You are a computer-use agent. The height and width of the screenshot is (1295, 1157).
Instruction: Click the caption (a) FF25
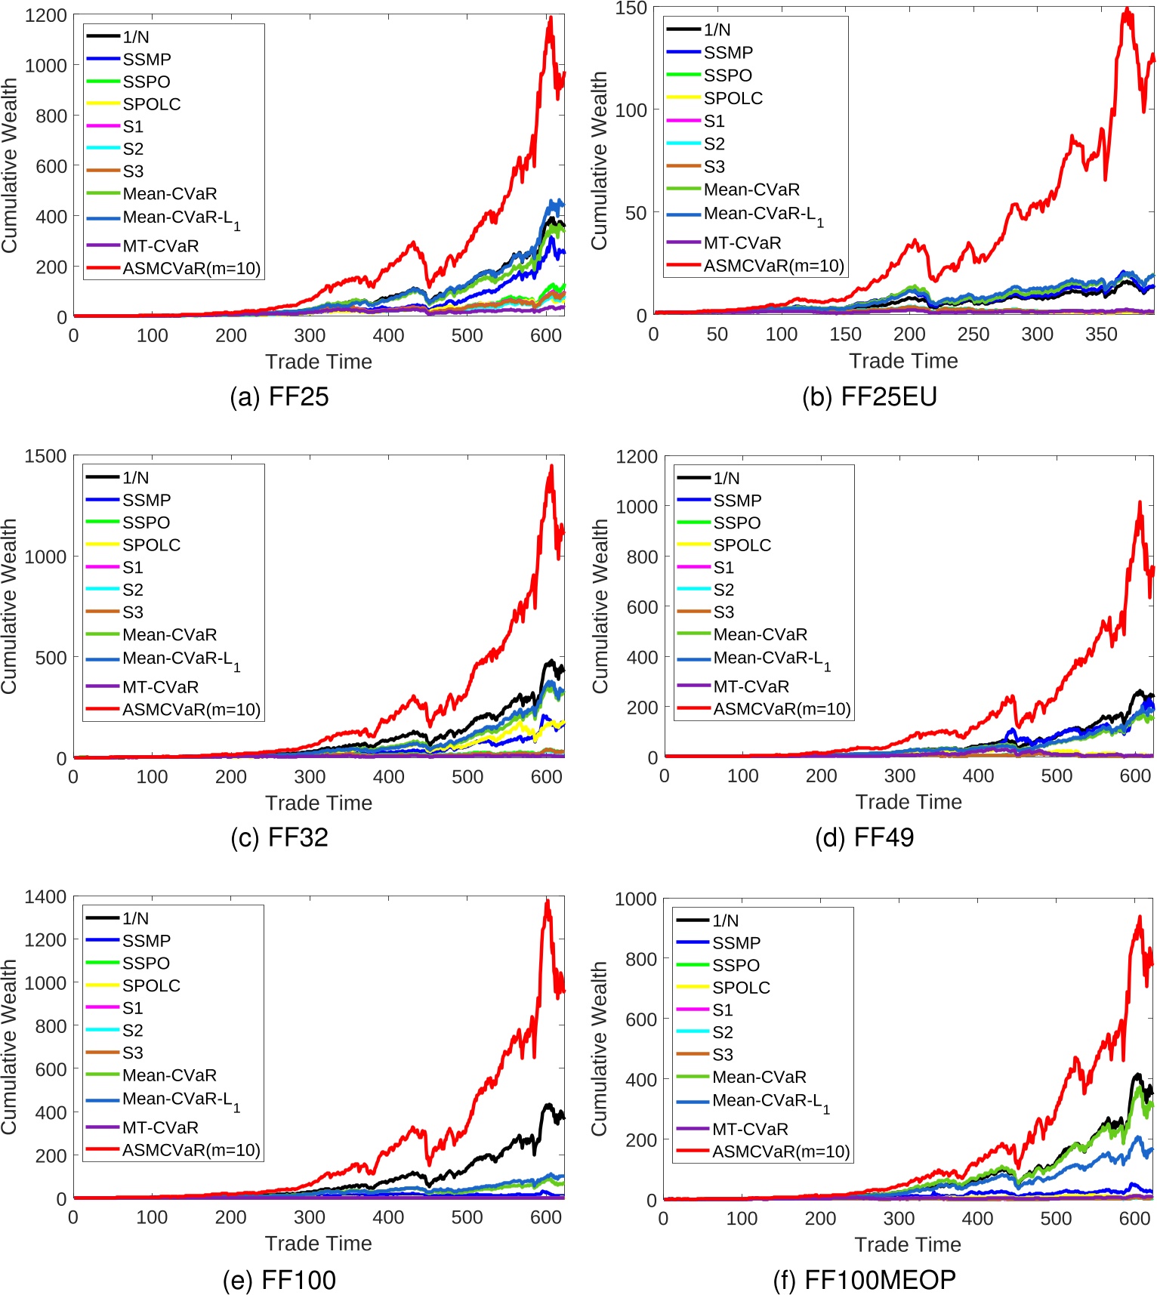click(x=279, y=396)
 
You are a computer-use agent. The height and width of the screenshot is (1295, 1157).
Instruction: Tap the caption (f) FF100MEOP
click(x=865, y=1279)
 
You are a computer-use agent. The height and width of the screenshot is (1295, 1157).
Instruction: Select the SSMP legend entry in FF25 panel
click(x=147, y=60)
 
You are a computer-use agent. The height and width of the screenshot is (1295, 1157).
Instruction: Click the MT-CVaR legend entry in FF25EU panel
click(x=742, y=243)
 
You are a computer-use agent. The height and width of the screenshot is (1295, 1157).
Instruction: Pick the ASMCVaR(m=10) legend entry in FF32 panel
click(x=191, y=710)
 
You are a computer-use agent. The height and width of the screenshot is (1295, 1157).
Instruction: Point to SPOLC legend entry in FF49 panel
click(x=742, y=545)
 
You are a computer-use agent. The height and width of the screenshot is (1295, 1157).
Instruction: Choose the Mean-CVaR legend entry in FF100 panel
click(x=169, y=1075)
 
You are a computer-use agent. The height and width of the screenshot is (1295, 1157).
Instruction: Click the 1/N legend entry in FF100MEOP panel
click(x=725, y=920)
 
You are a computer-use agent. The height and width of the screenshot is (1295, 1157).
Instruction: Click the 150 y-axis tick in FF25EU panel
click(x=631, y=9)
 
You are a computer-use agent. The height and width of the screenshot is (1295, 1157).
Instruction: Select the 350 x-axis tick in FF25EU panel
click(x=1100, y=335)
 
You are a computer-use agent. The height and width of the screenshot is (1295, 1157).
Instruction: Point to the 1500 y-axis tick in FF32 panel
click(x=45, y=456)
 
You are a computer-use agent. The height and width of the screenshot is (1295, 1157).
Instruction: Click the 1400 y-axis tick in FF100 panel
click(x=45, y=897)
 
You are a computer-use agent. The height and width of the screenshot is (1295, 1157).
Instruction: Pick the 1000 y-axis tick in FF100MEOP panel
click(x=635, y=899)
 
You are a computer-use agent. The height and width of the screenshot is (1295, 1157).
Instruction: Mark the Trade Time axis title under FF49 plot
click(x=908, y=802)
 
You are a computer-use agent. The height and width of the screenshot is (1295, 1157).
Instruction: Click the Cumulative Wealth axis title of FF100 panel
click(x=9, y=1047)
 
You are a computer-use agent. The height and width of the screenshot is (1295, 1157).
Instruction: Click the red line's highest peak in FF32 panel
click(x=551, y=467)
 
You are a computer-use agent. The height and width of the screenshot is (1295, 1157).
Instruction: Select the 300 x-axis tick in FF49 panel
click(x=899, y=776)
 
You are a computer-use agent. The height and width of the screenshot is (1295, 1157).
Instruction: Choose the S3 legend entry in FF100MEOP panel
click(x=722, y=1055)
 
